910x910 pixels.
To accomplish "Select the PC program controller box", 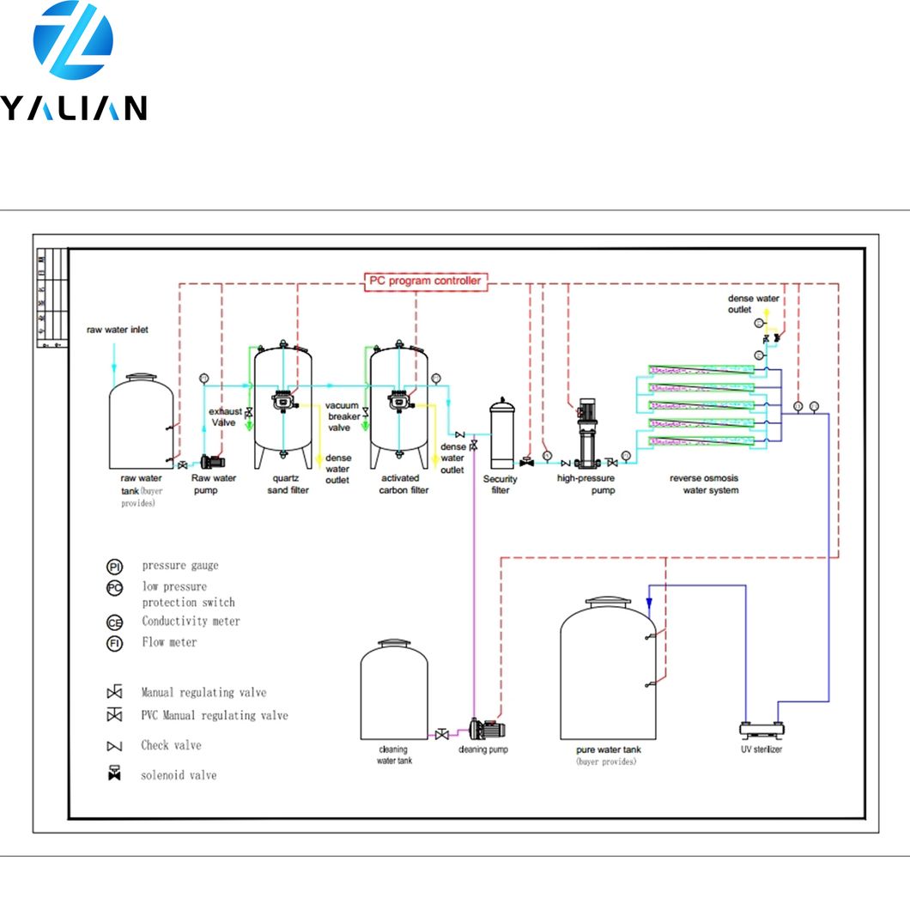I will pos(426,281).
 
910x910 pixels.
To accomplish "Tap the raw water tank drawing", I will pos(143,421).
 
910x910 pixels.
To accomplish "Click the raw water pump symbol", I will pos(210,461).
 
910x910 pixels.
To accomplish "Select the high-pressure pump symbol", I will pos(587,434).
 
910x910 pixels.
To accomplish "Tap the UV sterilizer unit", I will pos(762,730).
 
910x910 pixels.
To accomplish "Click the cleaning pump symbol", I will pos(487,730).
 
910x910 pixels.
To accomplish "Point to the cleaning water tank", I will pos(393,691).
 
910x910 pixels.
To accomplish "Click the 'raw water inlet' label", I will pos(117,330).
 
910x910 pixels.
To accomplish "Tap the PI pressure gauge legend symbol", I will pos(115,567).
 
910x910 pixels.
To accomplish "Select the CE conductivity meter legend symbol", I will pos(115,622).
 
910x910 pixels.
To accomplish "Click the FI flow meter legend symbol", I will pos(115,644).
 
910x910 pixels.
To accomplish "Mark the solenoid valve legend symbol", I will pos(114,774).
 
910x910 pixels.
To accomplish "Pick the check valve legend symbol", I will pos(114,746).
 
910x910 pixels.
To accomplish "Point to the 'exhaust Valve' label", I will pos(226,416).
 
